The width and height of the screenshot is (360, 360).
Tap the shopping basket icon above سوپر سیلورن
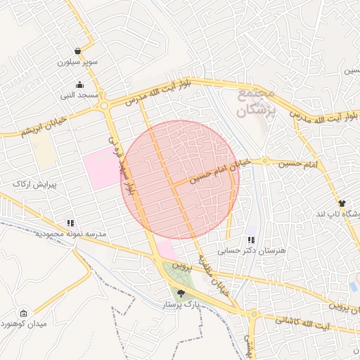tap(77, 51)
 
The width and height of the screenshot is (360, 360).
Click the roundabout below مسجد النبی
tap(105, 106)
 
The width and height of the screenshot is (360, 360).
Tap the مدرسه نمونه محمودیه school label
tap(70, 233)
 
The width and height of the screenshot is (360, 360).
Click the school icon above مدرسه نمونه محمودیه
tap(70, 223)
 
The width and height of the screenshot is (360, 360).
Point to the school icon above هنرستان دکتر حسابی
tap(251, 240)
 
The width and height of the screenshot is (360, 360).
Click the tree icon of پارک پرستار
tap(181, 293)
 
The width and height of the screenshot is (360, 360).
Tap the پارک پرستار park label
tap(181, 304)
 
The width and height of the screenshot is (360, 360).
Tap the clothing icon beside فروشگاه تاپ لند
tap(342, 202)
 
